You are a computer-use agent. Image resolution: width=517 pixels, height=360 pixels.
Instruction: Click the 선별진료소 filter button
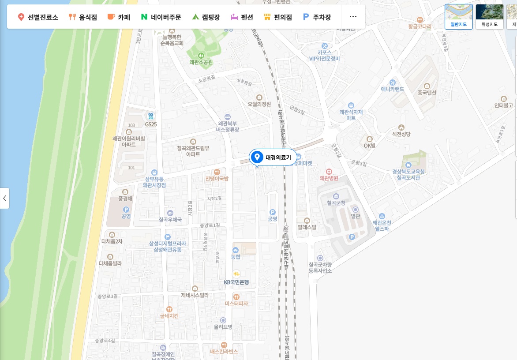coord(38,17)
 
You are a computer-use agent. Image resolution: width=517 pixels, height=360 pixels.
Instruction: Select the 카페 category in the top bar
coord(118,17)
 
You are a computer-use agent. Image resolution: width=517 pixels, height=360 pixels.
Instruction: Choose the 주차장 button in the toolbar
coord(317,17)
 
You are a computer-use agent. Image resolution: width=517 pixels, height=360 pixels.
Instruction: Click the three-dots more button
coord(353,17)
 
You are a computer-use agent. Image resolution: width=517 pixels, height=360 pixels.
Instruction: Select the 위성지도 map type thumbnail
coord(489,16)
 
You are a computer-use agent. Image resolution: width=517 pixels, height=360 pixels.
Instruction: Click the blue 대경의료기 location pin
coord(257,157)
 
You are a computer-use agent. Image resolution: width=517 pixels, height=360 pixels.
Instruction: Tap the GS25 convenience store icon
coord(151,116)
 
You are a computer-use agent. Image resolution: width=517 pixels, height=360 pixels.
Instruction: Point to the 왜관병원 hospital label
coord(329,178)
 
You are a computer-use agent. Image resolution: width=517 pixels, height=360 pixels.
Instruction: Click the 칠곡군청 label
coord(336,203)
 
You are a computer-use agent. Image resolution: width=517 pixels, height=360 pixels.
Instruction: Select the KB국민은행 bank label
coord(236,282)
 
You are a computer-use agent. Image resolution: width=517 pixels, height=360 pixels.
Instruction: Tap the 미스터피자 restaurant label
coord(236,304)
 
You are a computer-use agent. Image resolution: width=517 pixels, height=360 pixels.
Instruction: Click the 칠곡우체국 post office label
coord(170,219)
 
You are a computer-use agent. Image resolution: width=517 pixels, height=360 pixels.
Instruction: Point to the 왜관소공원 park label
coord(201,62)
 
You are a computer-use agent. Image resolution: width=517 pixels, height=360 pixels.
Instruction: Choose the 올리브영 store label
coord(223,327)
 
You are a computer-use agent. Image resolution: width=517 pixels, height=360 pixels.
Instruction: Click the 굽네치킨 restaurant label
coord(169,316)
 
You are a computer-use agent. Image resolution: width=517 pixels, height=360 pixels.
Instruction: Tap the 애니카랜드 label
coord(392,89)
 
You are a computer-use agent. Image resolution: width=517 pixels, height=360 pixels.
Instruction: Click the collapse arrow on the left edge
coord(4,198)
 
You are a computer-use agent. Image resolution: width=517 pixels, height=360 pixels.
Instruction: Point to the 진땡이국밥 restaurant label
coord(217,179)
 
